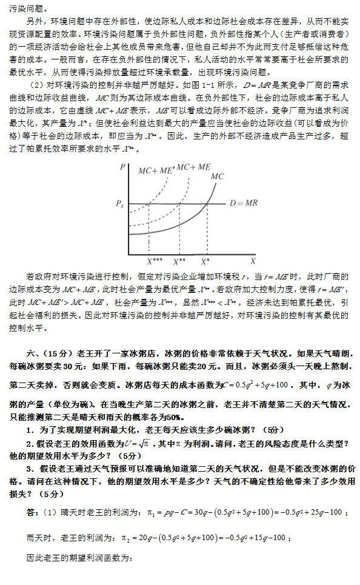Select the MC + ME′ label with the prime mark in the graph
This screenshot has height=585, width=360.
[x=156, y=170]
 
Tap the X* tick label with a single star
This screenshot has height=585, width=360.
[x=206, y=261]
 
